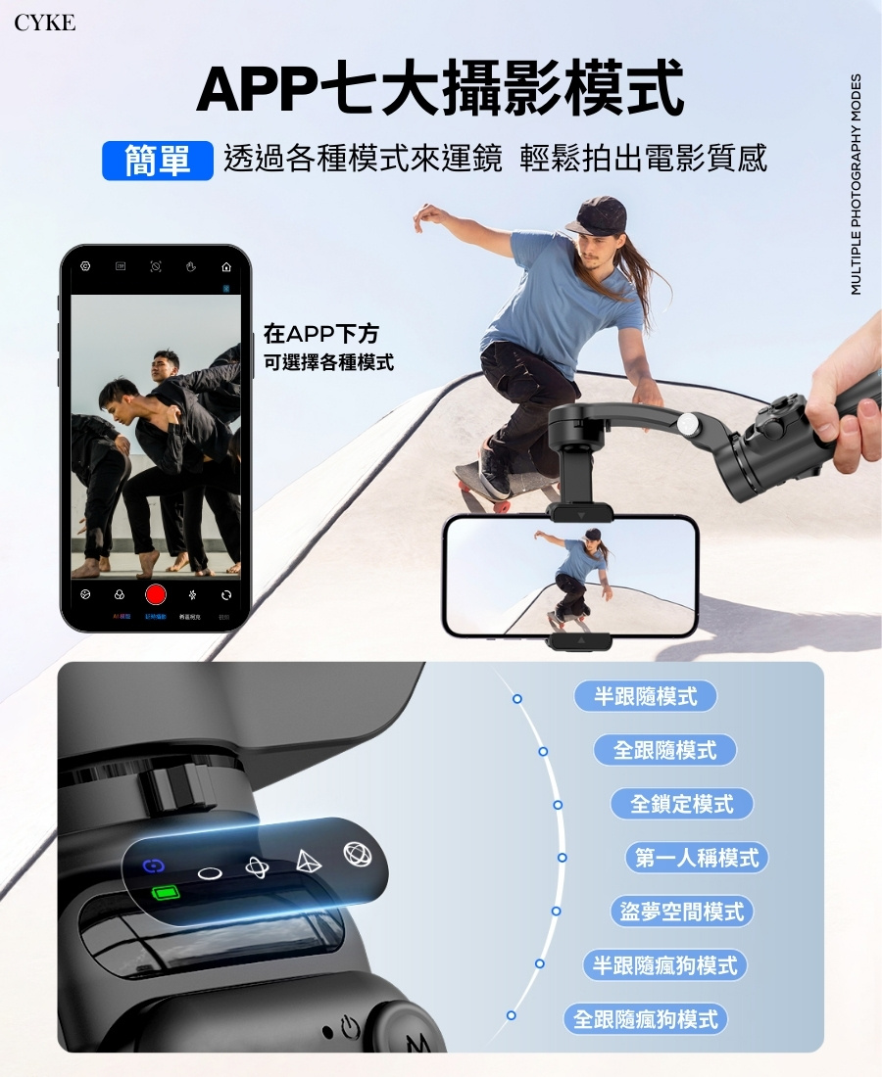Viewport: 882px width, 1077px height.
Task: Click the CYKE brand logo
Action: [x=45, y=23]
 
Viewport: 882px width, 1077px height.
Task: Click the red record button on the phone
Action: [x=156, y=594]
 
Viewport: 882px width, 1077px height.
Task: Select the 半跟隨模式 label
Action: [x=646, y=696]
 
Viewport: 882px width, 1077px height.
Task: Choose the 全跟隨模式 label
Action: [x=665, y=750]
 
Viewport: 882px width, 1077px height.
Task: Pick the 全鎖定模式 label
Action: [x=682, y=804]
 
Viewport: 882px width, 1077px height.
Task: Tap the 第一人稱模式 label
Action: [x=697, y=858]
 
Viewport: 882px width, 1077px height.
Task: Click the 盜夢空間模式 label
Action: [x=682, y=912]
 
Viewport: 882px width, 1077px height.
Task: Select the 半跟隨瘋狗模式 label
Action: [x=664, y=965]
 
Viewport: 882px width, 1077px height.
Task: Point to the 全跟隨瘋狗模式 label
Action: [x=646, y=1019]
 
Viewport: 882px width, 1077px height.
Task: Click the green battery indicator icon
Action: [x=166, y=893]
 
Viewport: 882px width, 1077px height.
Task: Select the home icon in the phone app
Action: [x=227, y=266]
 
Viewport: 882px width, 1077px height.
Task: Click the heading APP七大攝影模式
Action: [x=440, y=89]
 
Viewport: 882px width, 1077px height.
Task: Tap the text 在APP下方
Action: [x=320, y=336]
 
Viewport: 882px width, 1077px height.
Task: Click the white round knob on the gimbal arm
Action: [x=691, y=424]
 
